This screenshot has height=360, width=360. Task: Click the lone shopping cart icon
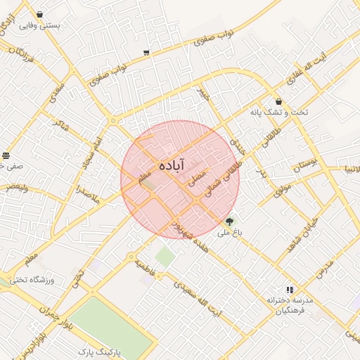146,52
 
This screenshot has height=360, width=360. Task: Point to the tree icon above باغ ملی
229,221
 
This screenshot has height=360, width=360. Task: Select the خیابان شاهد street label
303,240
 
